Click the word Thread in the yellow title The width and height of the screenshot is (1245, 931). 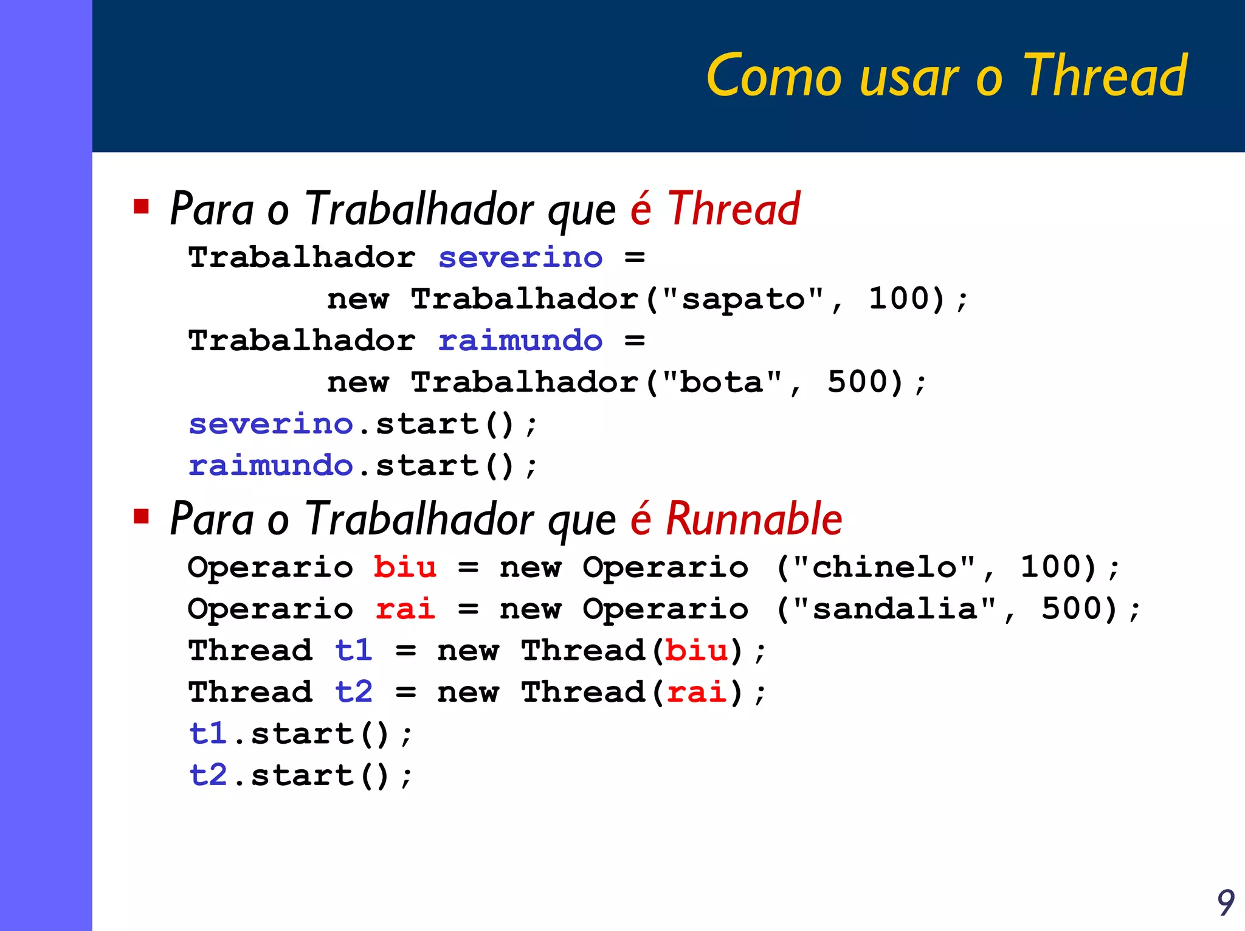1105,76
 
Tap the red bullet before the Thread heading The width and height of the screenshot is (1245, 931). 142,207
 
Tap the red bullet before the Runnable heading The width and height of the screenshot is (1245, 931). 142,516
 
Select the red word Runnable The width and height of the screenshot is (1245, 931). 754,519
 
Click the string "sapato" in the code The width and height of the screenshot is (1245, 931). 743,299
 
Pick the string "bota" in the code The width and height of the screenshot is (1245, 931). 722,382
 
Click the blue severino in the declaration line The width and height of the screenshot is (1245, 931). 520,258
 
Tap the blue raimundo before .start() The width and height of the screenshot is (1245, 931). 271,466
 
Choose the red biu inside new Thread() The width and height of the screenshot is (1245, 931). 697,651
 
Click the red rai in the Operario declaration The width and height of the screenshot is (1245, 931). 405,609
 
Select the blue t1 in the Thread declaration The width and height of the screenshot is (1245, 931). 354,651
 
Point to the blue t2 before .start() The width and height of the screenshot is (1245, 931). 208,775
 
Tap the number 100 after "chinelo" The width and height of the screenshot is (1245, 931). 1058,567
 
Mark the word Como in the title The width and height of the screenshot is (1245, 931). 774,77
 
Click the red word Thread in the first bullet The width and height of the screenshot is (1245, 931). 734,209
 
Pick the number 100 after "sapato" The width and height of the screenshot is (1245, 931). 906,299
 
